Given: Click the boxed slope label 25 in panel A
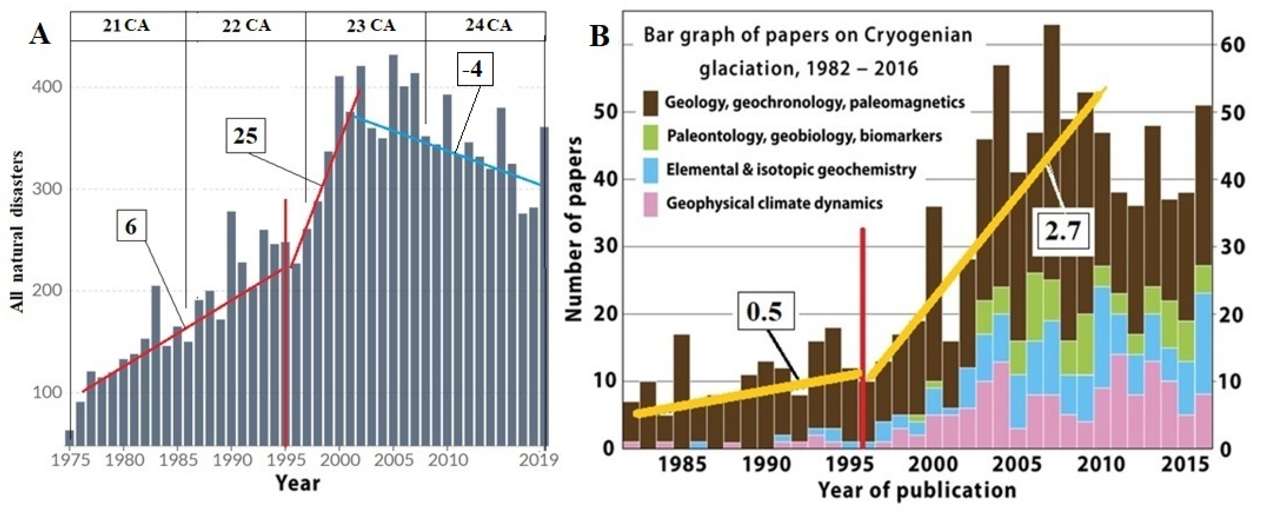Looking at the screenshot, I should [245, 135].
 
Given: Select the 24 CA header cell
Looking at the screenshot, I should [488, 25].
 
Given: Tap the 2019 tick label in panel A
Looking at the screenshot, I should [539, 460].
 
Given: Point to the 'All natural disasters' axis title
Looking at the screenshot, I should [17, 231].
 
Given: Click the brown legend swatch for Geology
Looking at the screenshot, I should [651, 103].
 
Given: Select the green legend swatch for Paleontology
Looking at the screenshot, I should [651, 137].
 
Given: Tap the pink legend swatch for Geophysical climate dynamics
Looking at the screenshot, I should [651, 204].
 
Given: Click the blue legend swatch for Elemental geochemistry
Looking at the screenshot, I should [651, 171].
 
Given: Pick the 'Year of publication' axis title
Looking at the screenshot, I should [916, 490].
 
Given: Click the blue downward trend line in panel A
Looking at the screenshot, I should [446, 151].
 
